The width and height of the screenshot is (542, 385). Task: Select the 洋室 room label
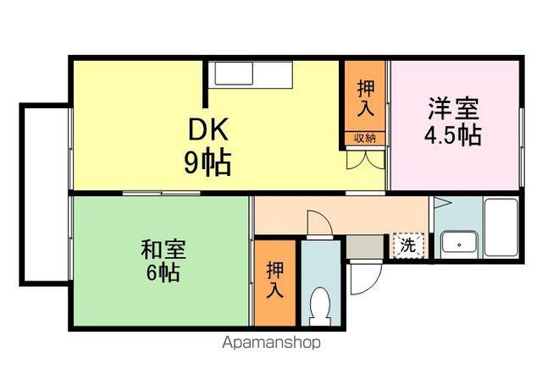[453, 109]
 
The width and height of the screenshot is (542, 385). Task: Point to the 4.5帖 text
[453, 135]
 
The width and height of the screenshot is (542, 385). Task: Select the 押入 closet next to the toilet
[275, 282]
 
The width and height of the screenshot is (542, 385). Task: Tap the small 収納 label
[365, 138]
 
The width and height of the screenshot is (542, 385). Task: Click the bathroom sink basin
[459, 244]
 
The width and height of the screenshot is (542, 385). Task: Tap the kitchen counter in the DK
[252, 74]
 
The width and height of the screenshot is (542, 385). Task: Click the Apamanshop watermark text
[271, 343]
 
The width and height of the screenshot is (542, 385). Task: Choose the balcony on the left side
[45, 195]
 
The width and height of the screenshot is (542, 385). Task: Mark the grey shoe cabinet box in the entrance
[365, 247]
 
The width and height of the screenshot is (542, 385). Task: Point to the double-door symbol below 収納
[365, 158]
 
